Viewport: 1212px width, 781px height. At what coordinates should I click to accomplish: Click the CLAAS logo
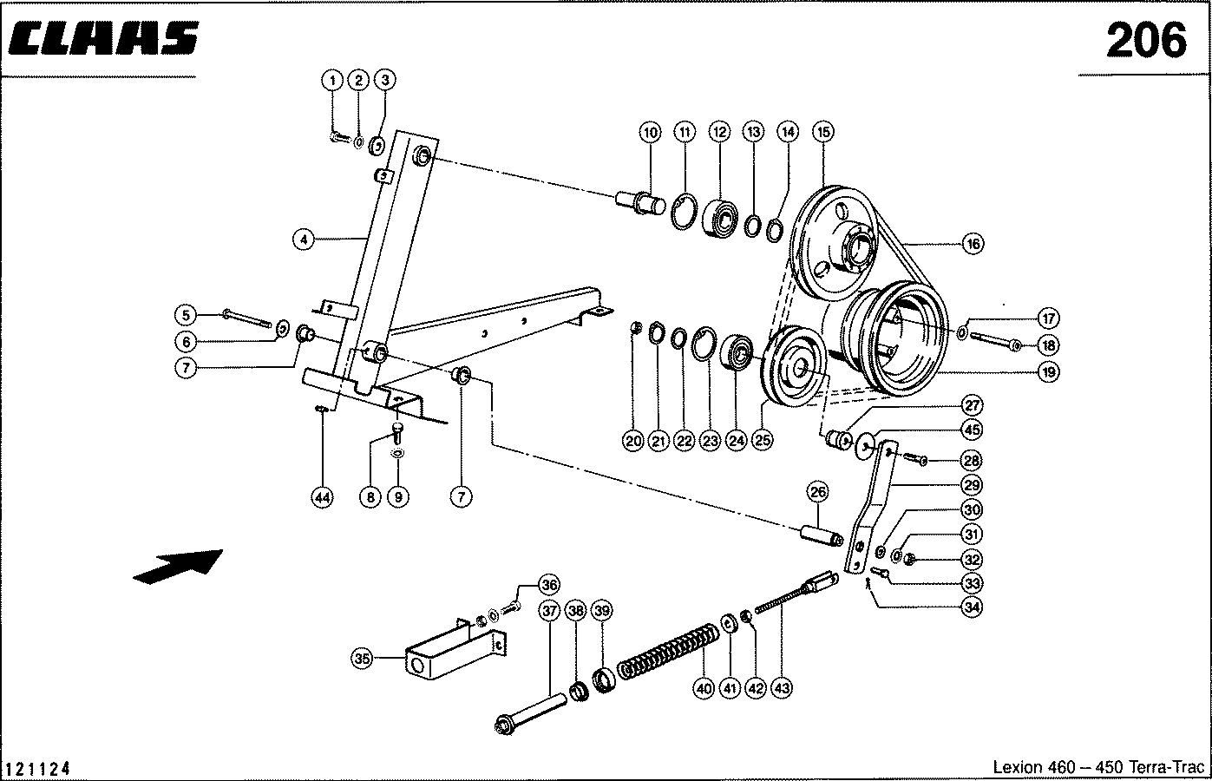pos(103,38)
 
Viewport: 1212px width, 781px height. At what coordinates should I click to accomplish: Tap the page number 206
pos(1147,41)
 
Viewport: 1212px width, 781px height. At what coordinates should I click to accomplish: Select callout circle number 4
pos(304,240)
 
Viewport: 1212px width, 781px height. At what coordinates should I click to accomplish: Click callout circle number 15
pos(823,132)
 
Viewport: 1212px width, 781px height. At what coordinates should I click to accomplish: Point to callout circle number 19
pos(1049,371)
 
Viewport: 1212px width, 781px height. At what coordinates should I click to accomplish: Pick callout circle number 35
pos(362,659)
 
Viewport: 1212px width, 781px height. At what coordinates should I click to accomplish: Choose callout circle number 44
pos(323,497)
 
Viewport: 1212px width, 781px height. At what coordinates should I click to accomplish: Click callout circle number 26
pos(817,492)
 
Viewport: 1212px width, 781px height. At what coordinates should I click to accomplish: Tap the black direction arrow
pos(178,567)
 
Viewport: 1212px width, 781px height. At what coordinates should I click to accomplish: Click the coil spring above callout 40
pos(669,652)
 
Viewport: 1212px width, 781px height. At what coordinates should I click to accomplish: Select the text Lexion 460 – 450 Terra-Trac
pos(1098,767)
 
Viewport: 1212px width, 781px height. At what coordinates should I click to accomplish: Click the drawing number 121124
pos(37,769)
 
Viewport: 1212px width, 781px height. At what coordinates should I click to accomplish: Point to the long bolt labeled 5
pos(246,318)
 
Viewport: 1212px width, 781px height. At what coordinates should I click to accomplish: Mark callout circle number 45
pos(972,430)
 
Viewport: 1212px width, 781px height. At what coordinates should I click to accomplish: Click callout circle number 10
pos(650,132)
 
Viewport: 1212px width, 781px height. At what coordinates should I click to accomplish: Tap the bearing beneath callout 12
pos(720,218)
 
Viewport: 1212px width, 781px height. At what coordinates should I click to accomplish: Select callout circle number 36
pos(549,585)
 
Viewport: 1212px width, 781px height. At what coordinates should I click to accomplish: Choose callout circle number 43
pos(782,688)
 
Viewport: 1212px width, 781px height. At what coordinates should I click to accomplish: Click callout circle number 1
pos(332,81)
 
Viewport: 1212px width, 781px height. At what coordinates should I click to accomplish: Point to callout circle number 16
pos(973,244)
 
